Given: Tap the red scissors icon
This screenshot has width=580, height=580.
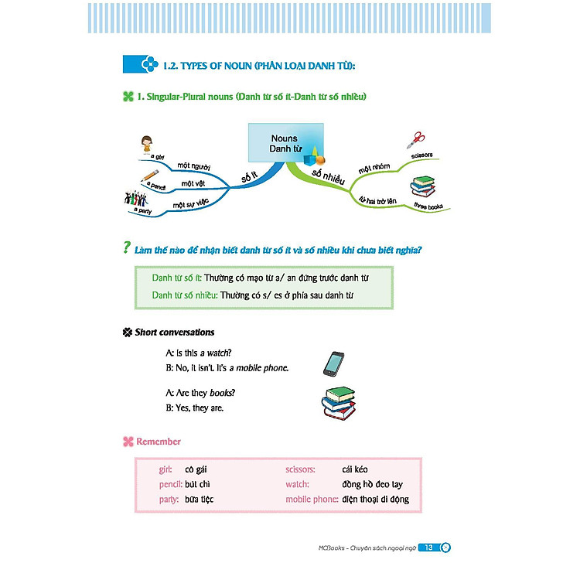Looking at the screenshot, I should [415, 141].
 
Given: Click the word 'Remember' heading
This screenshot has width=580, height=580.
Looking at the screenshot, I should [159, 442].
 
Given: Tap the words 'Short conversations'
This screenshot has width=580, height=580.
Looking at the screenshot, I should [175, 333].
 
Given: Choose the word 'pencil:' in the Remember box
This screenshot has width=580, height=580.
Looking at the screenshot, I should [169, 484].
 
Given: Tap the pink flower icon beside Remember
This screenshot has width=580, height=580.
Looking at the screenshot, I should [128, 442].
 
